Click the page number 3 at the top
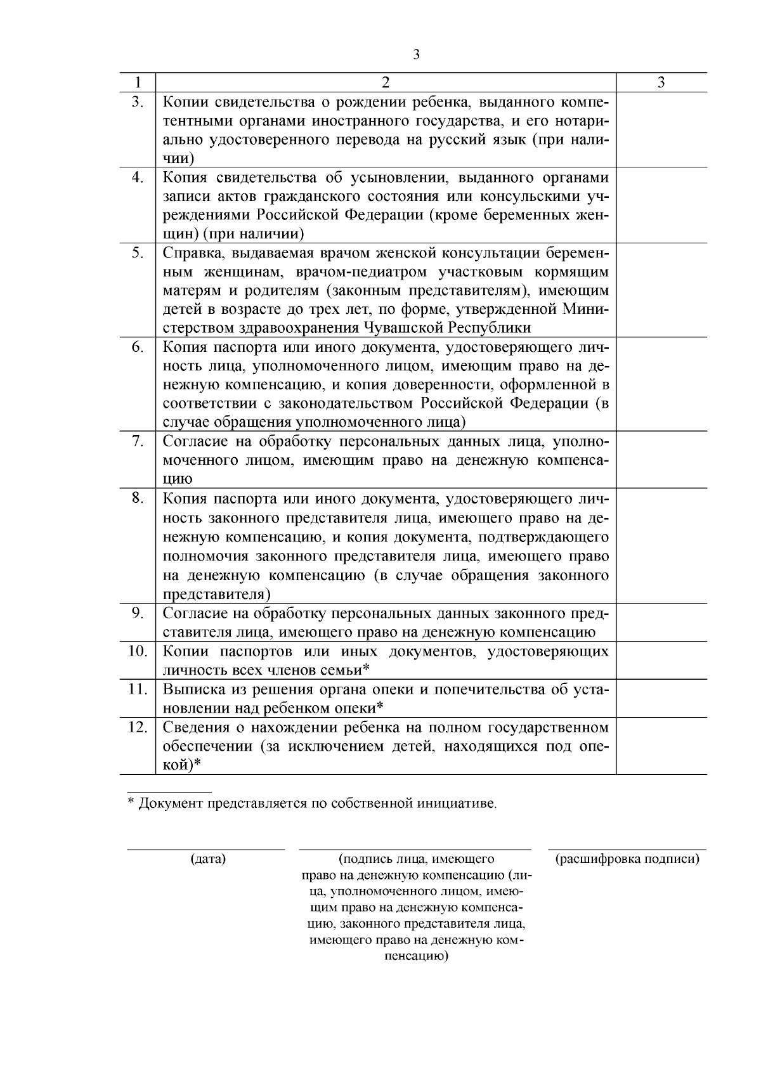[x=417, y=55]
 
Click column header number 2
[x=386, y=82]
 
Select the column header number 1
[x=138, y=82]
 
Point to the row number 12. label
[x=138, y=727]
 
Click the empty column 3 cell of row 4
[x=661, y=205]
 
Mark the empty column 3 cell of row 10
[x=661, y=660]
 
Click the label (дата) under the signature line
[x=208, y=860]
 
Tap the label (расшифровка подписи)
[x=627, y=860]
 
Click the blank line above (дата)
[x=206, y=848]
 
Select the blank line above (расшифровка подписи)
[x=627, y=848]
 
